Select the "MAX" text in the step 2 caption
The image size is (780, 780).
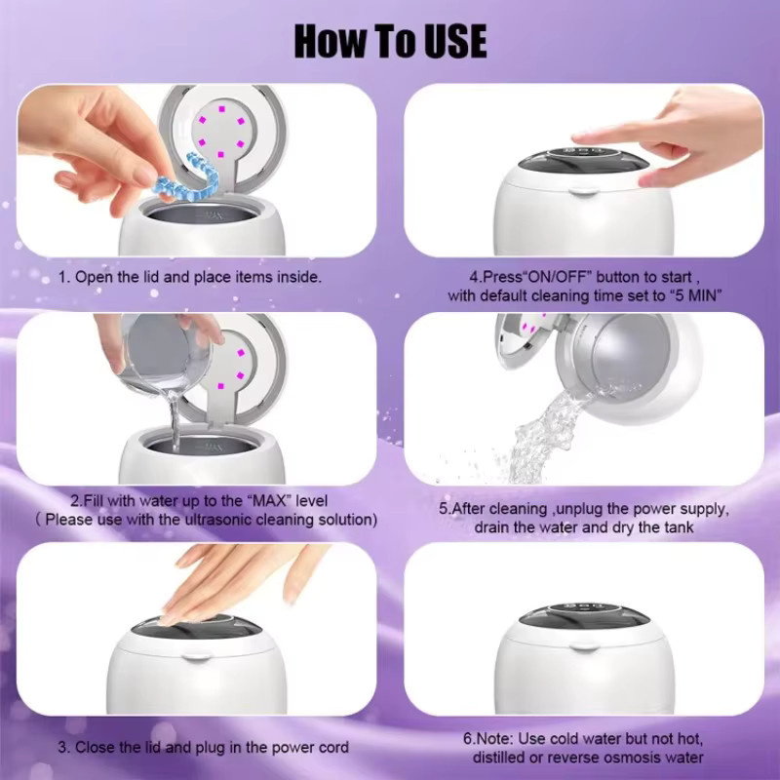point(269,500)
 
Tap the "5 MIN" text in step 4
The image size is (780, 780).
point(695,295)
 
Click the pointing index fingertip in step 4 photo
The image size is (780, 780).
point(578,138)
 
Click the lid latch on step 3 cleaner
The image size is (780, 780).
point(197,657)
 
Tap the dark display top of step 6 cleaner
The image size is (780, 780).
point(584,617)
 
